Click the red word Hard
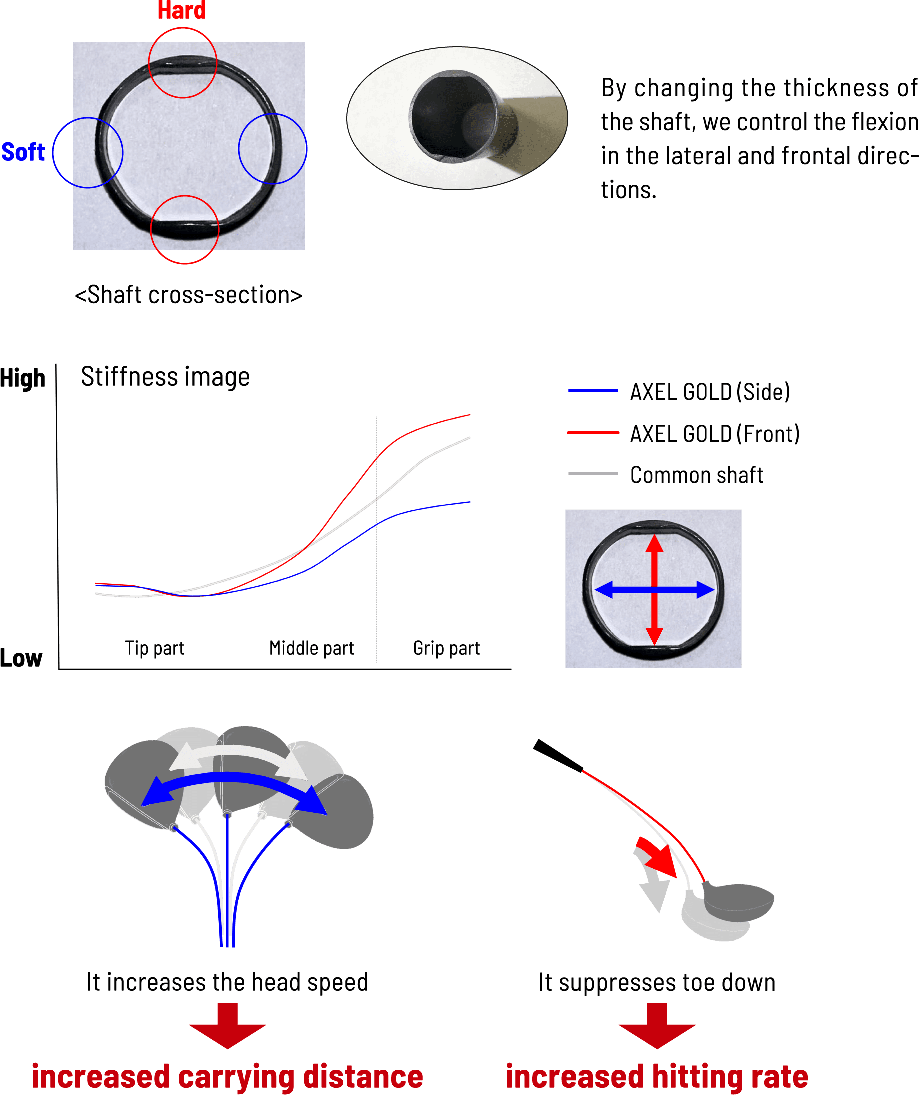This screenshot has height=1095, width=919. tap(182, 11)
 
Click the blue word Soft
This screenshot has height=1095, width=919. tap(23, 152)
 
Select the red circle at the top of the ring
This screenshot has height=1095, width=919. tap(183, 63)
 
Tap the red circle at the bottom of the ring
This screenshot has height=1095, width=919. tap(184, 230)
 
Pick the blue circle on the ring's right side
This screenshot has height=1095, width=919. tap(272, 149)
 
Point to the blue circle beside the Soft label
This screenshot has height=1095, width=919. tap(88, 152)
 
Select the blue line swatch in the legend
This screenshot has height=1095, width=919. tap(593, 391)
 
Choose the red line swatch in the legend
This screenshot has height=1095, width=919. tap(593, 433)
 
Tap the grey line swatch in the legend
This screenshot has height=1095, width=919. tap(593, 473)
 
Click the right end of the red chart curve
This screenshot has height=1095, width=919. tap(469, 415)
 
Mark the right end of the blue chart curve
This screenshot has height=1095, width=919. tap(469, 502)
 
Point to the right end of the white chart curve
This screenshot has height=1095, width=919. tap(469, 438)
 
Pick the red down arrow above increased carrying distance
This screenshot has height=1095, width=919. tap(228, 1025)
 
